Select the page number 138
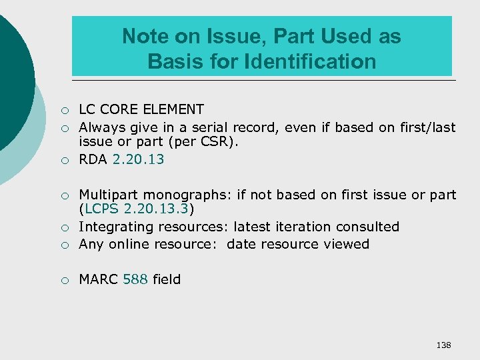click(x=443, y=345)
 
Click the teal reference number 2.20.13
click(x=138, y=159)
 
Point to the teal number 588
click(x=135, y=279)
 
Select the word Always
click(x=101, y=127)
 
